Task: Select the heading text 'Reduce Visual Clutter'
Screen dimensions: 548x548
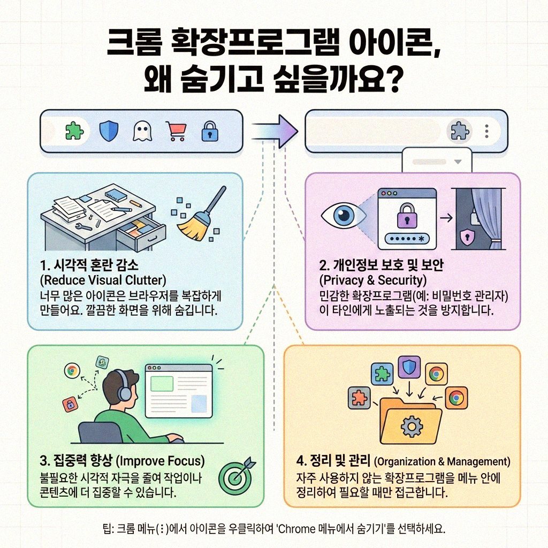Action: [103, 280]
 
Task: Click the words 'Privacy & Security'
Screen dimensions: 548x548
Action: [372, 280]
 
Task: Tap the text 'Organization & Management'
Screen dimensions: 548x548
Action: [442, 461]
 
